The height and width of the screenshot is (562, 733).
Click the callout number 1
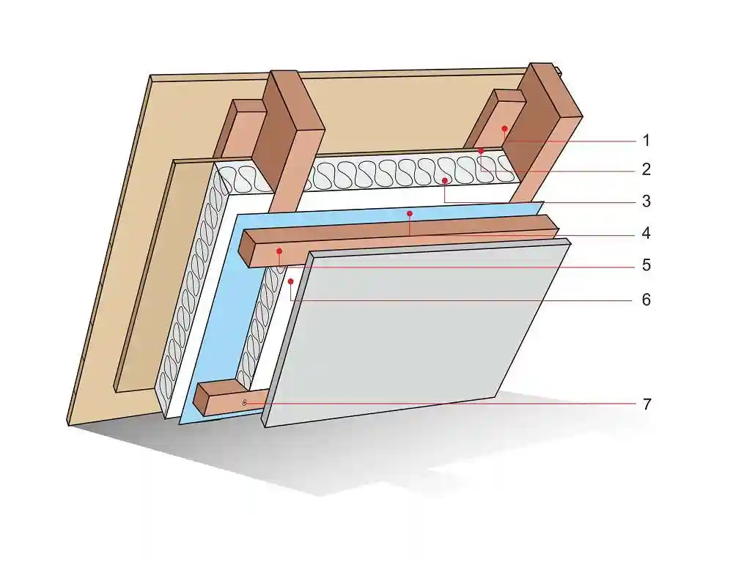[x=646, y=140]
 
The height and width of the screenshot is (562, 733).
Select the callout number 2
[x=646, y=170]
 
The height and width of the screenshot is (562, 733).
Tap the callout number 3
[x=646, y=201]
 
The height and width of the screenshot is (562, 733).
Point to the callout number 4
[x=646, y=234]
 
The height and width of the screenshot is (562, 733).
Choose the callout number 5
[x=646, y=265]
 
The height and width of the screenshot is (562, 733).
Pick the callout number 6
[x=646, y=300]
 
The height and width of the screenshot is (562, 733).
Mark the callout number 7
[x=646, y=404]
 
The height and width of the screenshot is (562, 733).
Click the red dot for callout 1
[x=504, y=128]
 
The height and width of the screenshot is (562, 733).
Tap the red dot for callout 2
[x=481, y=150]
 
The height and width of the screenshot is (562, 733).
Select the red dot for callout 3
[x=444, y=180]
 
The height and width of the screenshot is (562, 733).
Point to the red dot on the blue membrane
[x=410, y=214]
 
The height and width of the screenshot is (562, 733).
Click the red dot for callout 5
[x=279, y=251]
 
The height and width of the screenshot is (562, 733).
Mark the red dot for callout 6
[x=291, y=281]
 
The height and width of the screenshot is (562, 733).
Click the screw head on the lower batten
[x=244, y=402]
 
